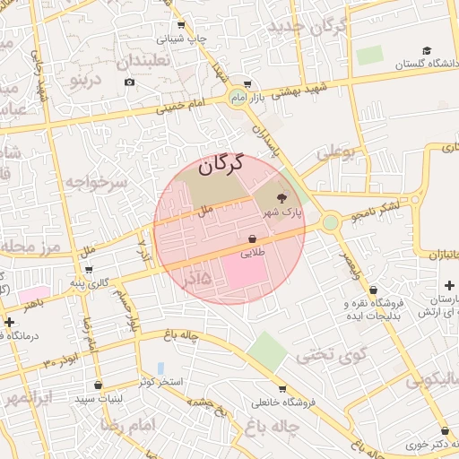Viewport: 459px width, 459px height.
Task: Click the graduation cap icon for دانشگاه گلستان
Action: (428, 50)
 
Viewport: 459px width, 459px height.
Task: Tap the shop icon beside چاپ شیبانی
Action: (180, 25)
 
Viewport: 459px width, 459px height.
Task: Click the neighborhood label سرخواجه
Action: (98, 183)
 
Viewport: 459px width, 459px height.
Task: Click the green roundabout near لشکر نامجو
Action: (331, 221)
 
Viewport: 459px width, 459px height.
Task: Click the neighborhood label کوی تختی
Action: (332, 355)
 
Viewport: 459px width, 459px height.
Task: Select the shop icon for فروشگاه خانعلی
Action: (282, 388)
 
